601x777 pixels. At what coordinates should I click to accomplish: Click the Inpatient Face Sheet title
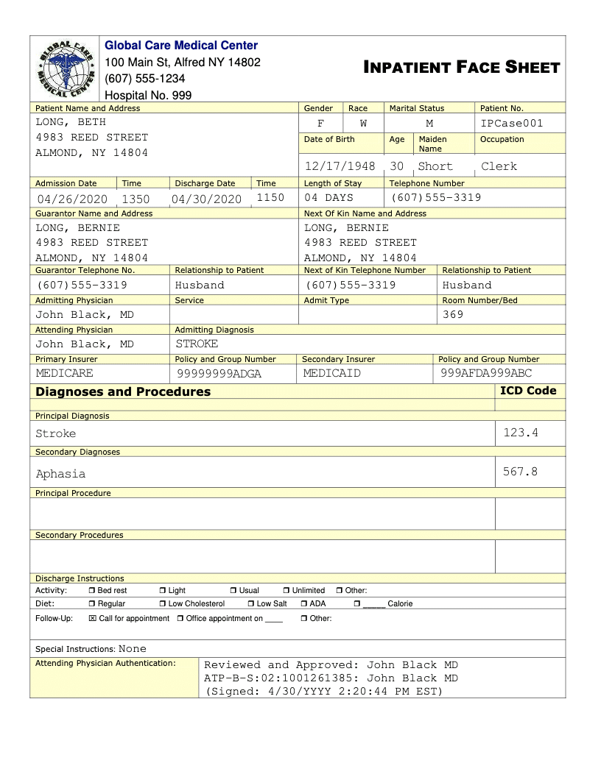coord(462,68)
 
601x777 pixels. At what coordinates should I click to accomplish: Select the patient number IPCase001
coord(512,124)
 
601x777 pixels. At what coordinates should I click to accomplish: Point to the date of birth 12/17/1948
coord(340,166)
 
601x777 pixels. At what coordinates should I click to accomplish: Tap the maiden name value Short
coord(435,166)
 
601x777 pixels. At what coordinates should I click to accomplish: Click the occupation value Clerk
coord(499,166)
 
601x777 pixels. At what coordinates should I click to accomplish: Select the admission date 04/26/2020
coord(72,199)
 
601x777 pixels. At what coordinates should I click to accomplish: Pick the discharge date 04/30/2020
coord(206,199)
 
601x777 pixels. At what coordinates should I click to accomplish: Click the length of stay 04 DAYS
coord(328,198)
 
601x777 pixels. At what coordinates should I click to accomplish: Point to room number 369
coord(453,315)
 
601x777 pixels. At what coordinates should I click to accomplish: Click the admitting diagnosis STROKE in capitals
coord(197,344)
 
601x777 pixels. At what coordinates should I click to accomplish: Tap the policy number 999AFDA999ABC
coord(486,373)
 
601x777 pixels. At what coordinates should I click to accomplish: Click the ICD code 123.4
coord(521,433)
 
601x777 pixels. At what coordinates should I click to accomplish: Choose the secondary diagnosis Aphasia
coord(60,474)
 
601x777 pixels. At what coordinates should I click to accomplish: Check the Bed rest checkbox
coord(92,591)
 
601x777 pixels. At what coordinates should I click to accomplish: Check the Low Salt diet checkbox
coord(251,604)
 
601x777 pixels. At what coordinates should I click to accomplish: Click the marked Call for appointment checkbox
coord(92,619)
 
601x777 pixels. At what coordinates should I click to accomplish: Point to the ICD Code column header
coord(528,391)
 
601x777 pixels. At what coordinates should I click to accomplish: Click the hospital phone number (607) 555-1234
coord(145,79)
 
